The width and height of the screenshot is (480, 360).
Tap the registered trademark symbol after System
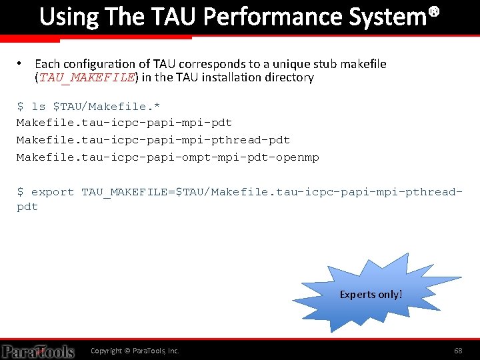pyautogui.click(x=434, y=11)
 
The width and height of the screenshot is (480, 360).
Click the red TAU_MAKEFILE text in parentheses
pyautogui.click(x=87, y=77)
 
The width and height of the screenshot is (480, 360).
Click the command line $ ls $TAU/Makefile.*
pyautogui.click(x=88, y=106)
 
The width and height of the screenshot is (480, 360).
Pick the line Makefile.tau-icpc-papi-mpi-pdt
pyautogui.click(x=125, y=123)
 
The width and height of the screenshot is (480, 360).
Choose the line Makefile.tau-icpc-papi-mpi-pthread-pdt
pyautogui.click(x=153, y=140)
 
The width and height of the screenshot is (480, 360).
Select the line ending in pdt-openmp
pyautogui.click(x=168, y=157)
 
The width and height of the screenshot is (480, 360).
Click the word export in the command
pyautogui.click(x=53, y=192)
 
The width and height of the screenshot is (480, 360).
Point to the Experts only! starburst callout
pyautogui.click(x=371, y=293)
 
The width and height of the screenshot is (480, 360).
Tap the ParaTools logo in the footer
pyautogui.click(x=38, y=351)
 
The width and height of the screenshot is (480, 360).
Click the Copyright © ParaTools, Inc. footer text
pyautogui.click(x=135, y=351)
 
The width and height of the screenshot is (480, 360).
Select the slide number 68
pyautogui.click(x=458, y=351)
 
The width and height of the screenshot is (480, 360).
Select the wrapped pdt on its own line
pyautogui.click(x=27, y=207)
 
